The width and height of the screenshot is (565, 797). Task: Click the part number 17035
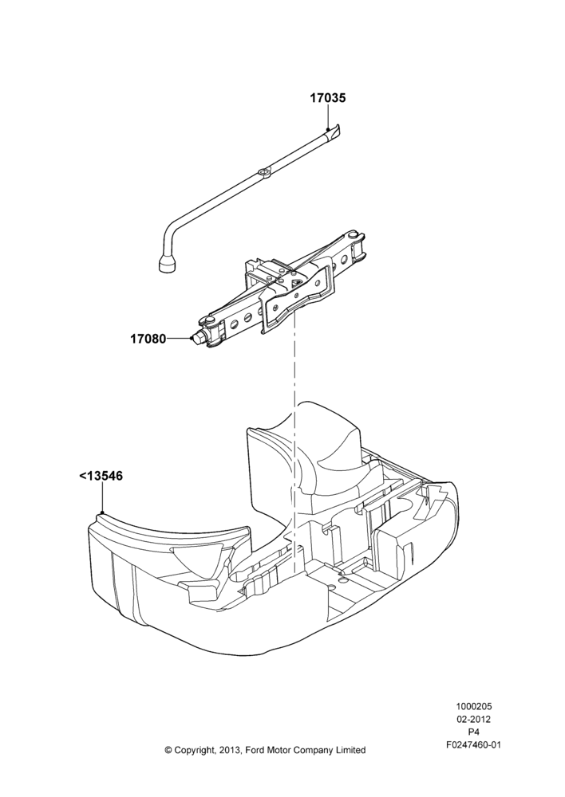pos(328,97)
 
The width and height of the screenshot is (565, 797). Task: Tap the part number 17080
pos(148,338)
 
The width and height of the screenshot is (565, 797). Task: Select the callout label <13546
pos(101,477)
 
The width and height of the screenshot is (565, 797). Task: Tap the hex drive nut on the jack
pos(196,339)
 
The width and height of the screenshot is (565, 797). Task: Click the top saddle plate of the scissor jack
pos(296,296)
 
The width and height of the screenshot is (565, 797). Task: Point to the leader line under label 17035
pos(328,116)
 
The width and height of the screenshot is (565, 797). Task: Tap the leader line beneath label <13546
pos(102,497)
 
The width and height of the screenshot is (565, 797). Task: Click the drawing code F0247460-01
pos(474,744)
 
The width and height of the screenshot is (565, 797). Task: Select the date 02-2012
pos(474,719)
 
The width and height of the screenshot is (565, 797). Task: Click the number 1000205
pos(474,706)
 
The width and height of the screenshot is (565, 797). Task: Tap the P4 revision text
pos(474,732)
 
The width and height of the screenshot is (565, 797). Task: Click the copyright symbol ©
pos(168,750)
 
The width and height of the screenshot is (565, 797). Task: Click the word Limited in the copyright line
pos(350,750)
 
